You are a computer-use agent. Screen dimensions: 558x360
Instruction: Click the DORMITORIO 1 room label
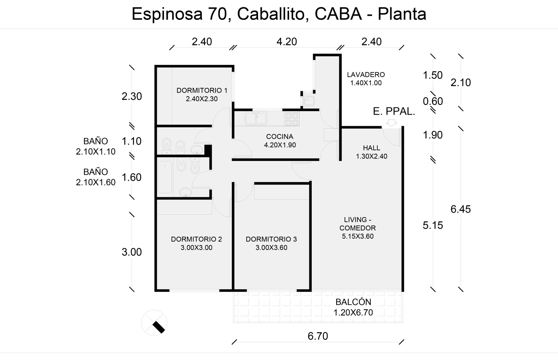click(202, 94)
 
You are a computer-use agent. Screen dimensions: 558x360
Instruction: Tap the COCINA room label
click(280, 141)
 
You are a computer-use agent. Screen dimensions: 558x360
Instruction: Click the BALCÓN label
click(353, 307)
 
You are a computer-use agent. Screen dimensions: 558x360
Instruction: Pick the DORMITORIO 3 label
click(271, 244)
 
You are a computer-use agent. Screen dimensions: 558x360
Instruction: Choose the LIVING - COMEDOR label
click(358, 228)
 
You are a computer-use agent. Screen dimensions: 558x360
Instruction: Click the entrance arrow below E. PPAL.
click(392, 123)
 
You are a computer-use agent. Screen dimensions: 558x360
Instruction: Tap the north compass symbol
click(154, 323)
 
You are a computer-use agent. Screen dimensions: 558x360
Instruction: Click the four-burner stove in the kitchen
click(292, 119)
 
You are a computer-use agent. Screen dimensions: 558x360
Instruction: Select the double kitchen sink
click(256, 118)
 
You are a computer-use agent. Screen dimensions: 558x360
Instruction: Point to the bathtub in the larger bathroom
click(165, 177)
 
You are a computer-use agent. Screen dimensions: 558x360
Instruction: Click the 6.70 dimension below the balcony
click(318, 336)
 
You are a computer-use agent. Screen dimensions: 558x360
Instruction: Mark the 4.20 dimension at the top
click(287, 41)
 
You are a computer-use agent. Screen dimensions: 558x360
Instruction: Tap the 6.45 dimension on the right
click(461, 209)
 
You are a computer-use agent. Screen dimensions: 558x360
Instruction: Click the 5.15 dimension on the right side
click(433, 225)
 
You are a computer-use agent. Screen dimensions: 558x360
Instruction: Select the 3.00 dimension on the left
click(131, 252)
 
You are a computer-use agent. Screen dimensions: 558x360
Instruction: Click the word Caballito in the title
click(271, 14)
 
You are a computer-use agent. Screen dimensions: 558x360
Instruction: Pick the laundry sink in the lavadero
click(309, 101)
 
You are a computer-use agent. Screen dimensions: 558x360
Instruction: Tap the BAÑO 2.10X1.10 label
click(96, 146)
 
